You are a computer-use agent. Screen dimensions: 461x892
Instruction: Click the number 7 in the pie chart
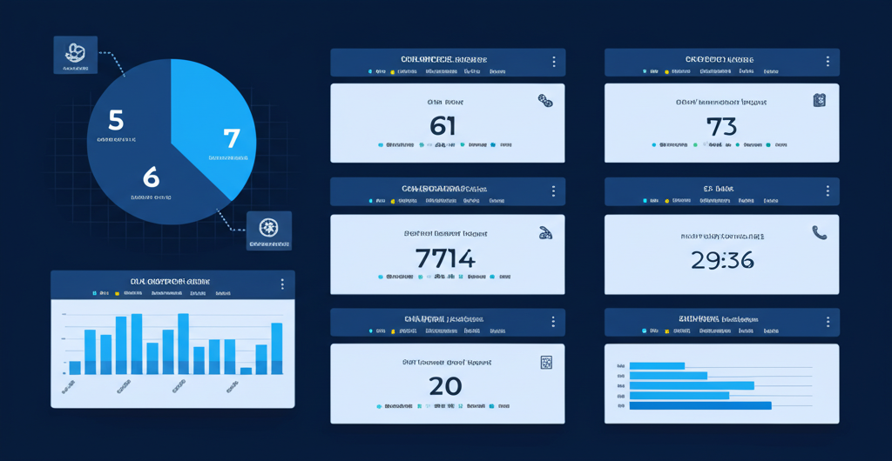click(231, 137)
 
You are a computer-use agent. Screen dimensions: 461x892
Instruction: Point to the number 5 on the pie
click(116, 119)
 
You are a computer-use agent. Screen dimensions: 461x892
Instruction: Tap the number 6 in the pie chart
click(152, 177)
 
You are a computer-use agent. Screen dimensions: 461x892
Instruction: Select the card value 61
click(443, 126)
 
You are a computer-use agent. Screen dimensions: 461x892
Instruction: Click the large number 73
click(721, 126)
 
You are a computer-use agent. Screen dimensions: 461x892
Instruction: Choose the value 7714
click(445, 258)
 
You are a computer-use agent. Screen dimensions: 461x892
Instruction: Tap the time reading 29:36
click(722, 259)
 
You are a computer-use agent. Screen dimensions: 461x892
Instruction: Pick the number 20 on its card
click(445, 386)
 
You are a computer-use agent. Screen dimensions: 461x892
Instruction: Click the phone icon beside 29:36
click(819, 232)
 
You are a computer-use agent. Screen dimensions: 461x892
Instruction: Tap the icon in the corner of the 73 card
click(819, 101)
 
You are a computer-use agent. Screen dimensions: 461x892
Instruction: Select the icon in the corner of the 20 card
click(546, 363)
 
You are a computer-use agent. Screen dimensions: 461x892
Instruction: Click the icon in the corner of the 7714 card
click(545, 232)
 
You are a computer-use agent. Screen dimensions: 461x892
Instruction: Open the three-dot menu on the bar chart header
click(282, 284)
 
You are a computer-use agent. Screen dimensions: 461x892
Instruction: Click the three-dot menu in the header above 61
click(554, 62)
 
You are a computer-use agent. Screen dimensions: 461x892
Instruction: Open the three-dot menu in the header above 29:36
click(828, 191)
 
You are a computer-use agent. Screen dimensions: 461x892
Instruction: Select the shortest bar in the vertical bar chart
click(246, 371)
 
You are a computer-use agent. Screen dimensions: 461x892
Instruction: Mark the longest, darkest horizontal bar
click(699, 405)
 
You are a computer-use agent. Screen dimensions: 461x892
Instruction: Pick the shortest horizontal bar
click(657, 366)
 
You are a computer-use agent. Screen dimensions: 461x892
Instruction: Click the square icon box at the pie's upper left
click(75, 55)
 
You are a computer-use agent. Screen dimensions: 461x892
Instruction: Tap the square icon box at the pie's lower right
click(269, 230)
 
